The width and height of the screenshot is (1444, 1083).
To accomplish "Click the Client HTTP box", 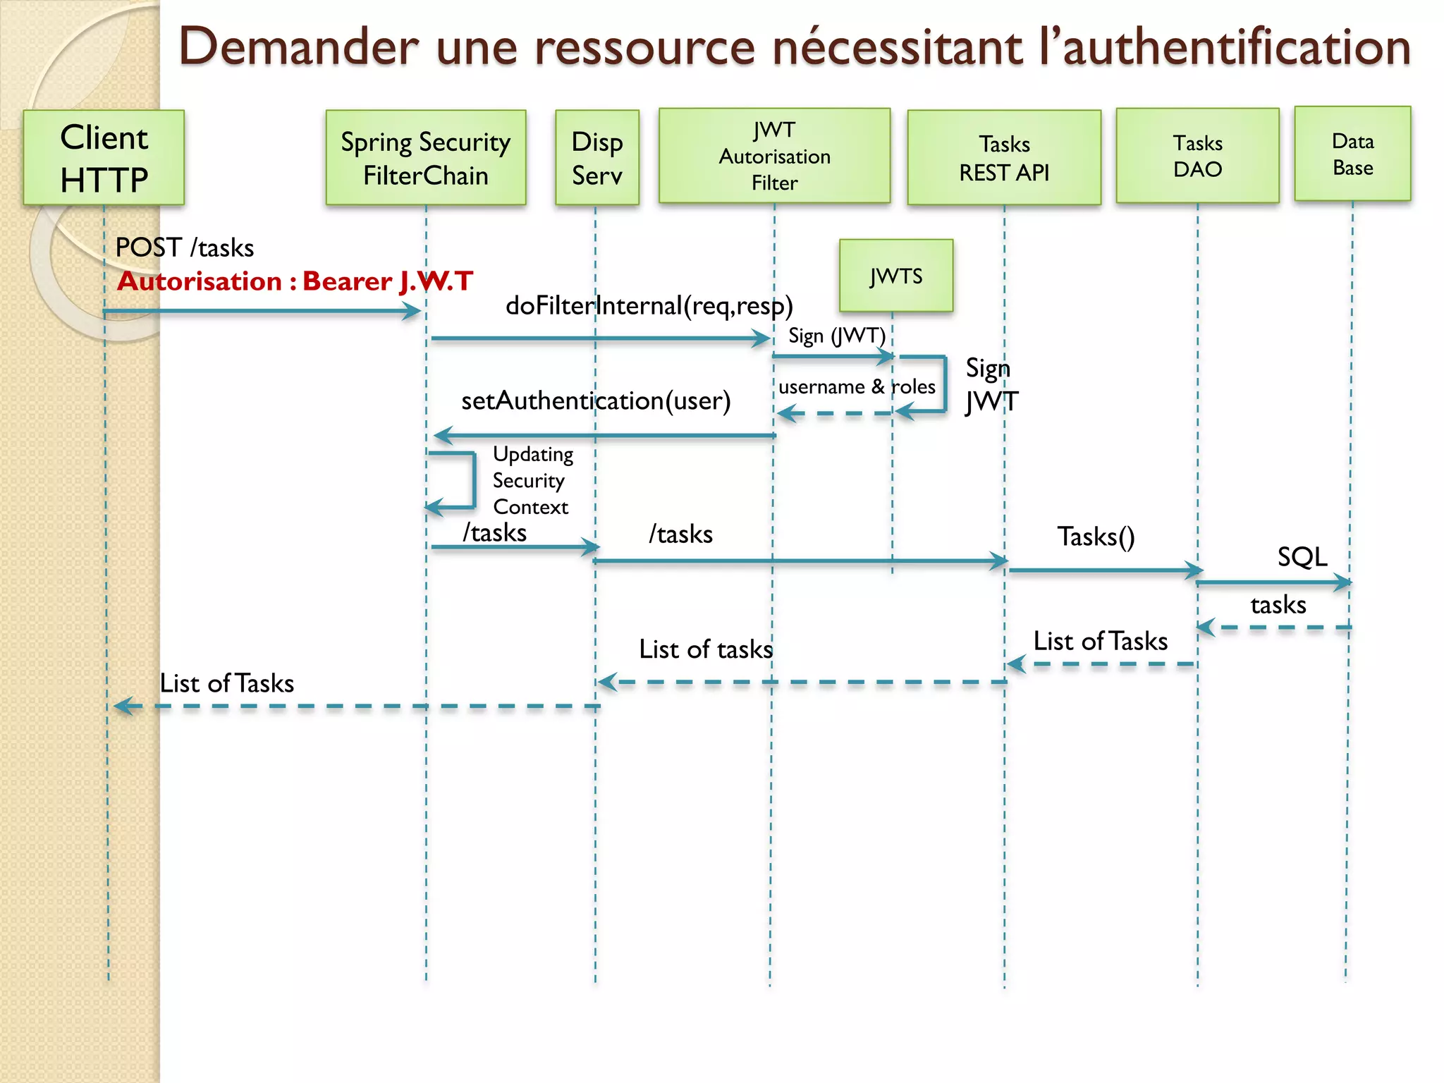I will click(104, 157).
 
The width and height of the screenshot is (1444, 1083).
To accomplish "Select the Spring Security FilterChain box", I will click(425, 157).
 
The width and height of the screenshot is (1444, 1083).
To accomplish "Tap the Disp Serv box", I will click(596, 157).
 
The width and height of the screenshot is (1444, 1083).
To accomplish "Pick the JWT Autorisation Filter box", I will click(774, 156).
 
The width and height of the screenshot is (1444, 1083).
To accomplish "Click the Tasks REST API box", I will click(1003, 157).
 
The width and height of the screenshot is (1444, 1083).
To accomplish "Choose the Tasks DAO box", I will click(1197, 156).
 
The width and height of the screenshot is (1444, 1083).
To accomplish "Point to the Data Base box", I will click(1352, 154).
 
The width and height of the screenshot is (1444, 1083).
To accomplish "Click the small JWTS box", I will click(895, 276).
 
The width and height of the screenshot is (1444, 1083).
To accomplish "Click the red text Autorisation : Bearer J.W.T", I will click(295, 281).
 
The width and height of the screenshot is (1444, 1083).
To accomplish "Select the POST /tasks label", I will click(184, 247).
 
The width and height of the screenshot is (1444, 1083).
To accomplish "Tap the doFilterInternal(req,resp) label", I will click(649, 305).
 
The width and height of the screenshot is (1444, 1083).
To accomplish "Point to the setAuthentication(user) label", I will click(596, 400).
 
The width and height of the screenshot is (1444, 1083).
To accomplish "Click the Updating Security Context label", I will click(532, 480).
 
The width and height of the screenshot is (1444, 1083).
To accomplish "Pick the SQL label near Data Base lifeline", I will click(1302, 557).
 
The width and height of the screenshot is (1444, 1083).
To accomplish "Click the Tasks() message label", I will click(1096, 537).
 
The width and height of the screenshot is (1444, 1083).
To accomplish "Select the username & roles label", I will click(857, 386).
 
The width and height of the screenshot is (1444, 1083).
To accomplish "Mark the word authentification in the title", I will click(1236, 47).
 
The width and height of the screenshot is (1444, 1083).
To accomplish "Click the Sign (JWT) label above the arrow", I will click(836, 336).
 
